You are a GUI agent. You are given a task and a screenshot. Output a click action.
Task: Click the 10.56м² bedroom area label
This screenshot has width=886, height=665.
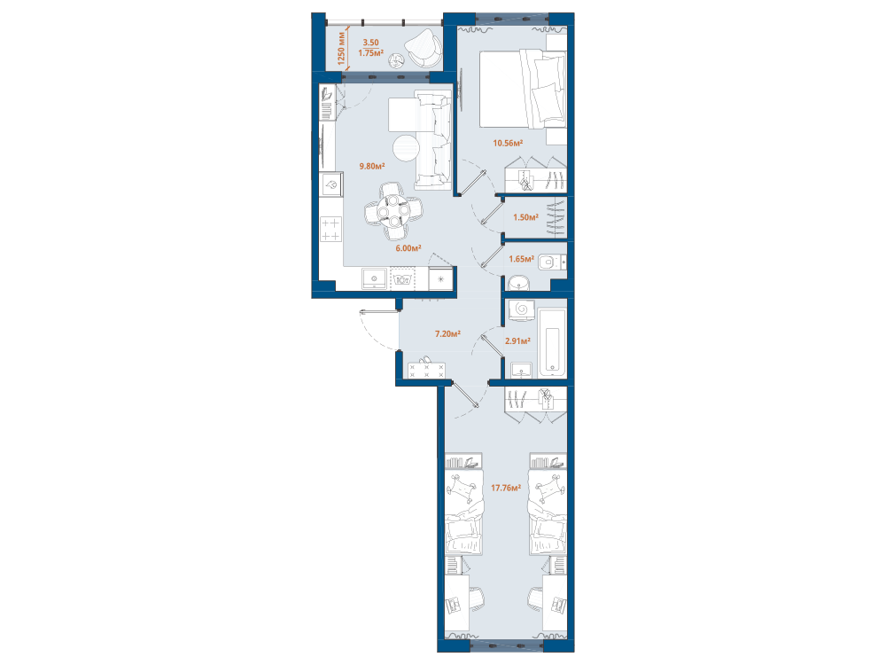click(508, 143)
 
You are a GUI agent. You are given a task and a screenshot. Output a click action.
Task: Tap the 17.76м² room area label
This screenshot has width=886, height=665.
click(506, 488)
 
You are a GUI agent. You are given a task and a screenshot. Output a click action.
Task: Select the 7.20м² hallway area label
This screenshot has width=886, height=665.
click(447, 333)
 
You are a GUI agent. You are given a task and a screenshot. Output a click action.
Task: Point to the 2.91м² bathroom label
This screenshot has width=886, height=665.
click(517, 341)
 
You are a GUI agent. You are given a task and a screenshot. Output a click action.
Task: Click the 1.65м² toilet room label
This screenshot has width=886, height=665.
click(521, 259)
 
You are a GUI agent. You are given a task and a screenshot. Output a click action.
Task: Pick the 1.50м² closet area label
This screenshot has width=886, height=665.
click(525, 217)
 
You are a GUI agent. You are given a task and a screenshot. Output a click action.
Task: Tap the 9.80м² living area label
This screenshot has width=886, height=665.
click(372, 167)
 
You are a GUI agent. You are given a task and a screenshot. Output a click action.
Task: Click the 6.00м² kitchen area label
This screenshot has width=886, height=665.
click(408, 248)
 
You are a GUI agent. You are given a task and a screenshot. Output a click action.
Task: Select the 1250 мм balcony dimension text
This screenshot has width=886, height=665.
click(341, 49)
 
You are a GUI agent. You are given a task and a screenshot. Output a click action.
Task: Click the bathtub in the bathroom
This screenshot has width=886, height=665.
click(552, 342)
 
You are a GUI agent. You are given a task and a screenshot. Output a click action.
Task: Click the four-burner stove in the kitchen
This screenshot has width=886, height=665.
click(331, 230)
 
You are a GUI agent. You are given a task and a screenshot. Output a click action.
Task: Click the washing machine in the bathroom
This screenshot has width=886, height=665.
click(522, 309)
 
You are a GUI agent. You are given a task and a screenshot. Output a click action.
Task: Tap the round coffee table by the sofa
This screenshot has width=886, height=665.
click(406, 148)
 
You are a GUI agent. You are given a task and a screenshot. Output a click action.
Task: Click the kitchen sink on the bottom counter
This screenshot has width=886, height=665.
click(374, 278)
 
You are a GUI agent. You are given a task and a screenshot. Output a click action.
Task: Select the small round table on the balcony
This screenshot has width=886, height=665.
click(397, 60)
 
